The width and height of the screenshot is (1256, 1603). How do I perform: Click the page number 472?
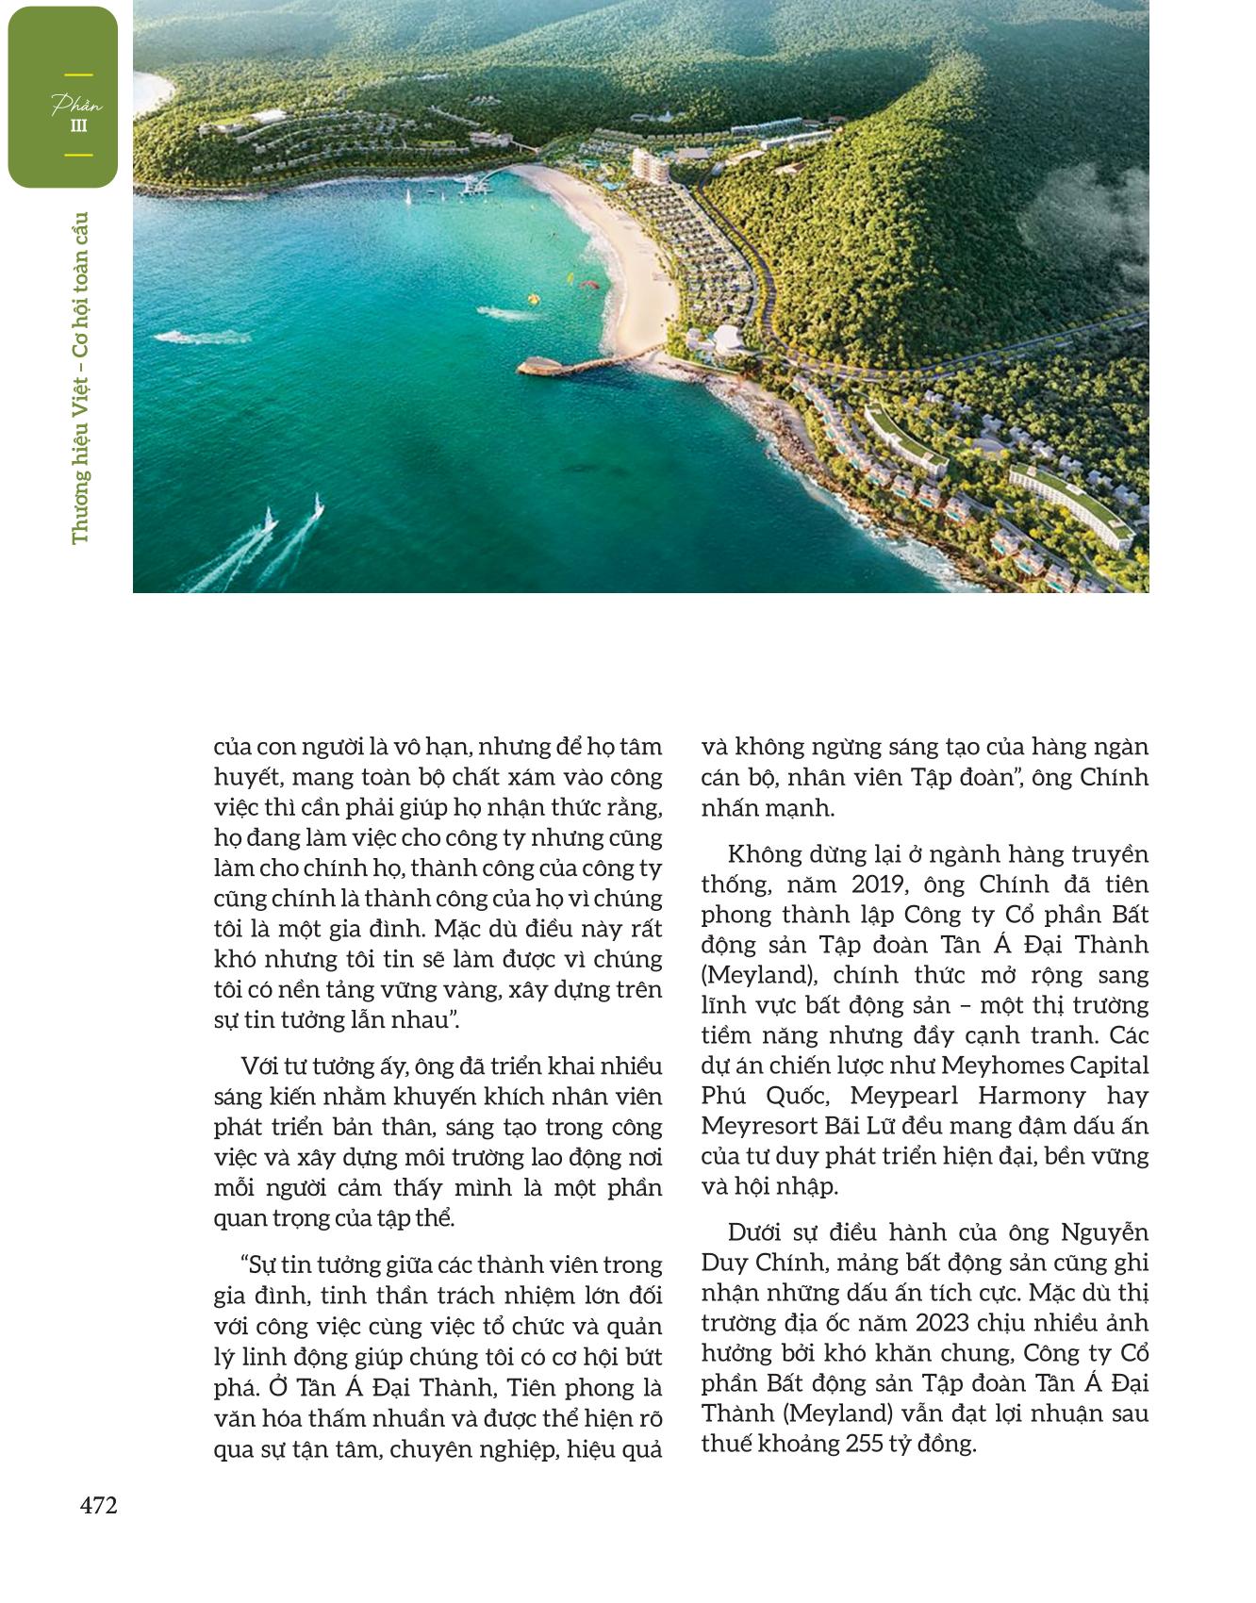[99, 1506]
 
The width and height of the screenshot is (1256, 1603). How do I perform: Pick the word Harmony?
[1032, 1096]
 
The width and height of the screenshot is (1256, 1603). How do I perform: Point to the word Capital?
[1110, 1066]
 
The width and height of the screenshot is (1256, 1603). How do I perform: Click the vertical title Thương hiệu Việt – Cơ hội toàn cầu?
[80, 377]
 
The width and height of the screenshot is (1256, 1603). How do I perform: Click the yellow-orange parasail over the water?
[570, 277]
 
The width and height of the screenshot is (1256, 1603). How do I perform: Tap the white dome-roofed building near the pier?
[728, 337]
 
